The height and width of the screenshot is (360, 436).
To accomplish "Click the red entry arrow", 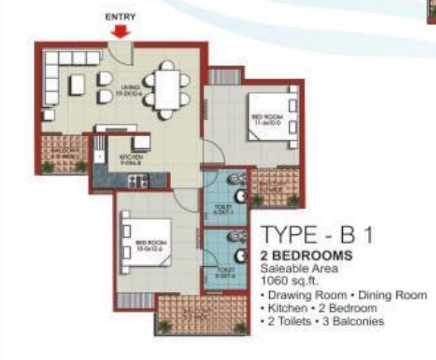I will [121, 32].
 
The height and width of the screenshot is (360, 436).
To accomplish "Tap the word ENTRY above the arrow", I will [120, 17].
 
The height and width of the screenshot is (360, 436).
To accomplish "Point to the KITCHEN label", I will [131, 160].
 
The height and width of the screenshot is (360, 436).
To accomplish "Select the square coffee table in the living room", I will [78, 85].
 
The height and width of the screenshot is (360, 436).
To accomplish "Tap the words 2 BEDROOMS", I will [305, 256].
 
